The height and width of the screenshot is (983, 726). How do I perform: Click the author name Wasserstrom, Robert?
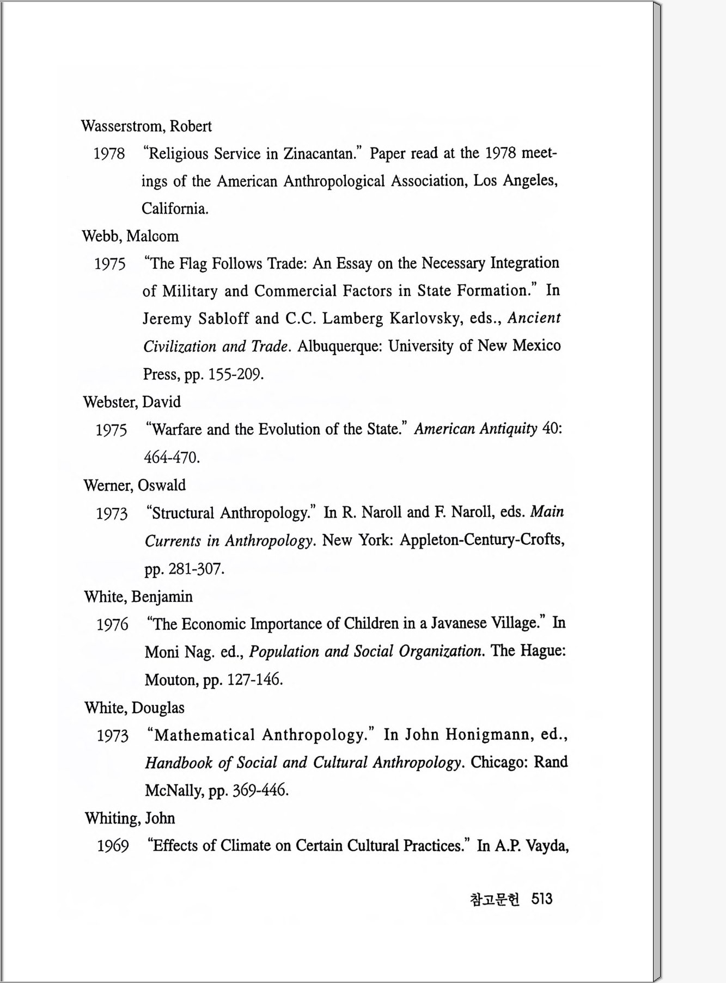coord(146,126)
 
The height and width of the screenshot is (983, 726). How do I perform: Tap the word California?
coord(175,208)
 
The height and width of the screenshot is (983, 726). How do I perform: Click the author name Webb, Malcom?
coord(130,236)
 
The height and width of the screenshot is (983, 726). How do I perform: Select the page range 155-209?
coord(236,374)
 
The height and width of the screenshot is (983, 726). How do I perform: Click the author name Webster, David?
coord(132,402)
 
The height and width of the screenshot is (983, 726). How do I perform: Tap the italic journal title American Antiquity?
coord(475,429)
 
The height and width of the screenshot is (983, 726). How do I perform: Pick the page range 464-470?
coord(172,457)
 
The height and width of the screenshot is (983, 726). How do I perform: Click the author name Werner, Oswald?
coord(135,485)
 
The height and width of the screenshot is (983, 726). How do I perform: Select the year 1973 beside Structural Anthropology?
coord(112,513)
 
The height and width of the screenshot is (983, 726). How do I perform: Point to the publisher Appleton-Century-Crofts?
coord(481,540)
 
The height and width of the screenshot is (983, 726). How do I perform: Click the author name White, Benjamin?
coord(138,597)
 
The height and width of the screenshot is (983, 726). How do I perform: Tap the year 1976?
coord(112,624)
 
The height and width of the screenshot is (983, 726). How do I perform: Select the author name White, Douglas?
coord(135,708)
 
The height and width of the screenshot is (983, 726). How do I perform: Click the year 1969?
coord(113,846)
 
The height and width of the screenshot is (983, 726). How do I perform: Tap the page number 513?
coord(542,899)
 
